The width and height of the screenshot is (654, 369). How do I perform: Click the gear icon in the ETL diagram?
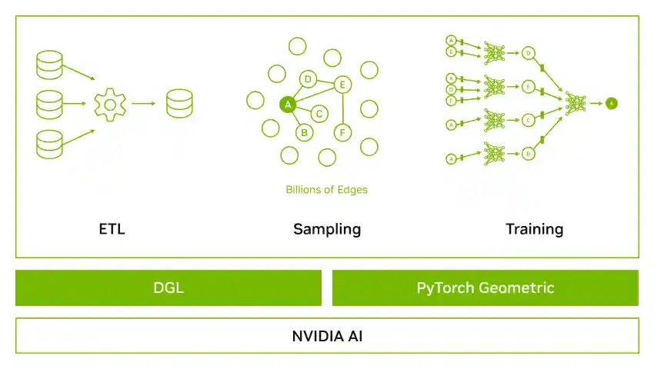coord(110,103)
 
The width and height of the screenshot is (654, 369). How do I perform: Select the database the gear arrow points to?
coord(180,103)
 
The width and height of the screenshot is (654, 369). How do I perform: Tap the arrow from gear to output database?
coord(144,103)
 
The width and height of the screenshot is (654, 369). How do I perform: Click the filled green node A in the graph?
coord(288,104)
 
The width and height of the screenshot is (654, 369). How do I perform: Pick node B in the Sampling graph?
coord(305,132)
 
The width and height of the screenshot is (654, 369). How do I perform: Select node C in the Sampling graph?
coord(320,114)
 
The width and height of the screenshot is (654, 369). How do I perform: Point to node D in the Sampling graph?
coord(308,78)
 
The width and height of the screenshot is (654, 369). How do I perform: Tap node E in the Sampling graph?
coord(342,85)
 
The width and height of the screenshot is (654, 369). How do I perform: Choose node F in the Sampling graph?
coord(342,132)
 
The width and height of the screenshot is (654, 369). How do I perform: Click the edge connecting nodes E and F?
coord(342,108)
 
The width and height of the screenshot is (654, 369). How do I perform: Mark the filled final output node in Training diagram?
coord(611,102)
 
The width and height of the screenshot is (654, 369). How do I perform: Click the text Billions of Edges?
coord(326,189)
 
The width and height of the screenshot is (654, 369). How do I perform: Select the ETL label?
coord(112,229)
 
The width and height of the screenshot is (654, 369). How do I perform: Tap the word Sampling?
coord(327,229)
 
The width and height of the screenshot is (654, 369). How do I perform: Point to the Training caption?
coord(534,229)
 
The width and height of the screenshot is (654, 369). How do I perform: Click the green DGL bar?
coord(169,288)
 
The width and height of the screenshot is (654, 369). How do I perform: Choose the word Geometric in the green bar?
coord(517,288)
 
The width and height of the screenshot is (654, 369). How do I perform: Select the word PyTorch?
coord(445,288)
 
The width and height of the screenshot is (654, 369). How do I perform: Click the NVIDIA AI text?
coord(327,336)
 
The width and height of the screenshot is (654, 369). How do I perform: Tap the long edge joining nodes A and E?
coord(315,94)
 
